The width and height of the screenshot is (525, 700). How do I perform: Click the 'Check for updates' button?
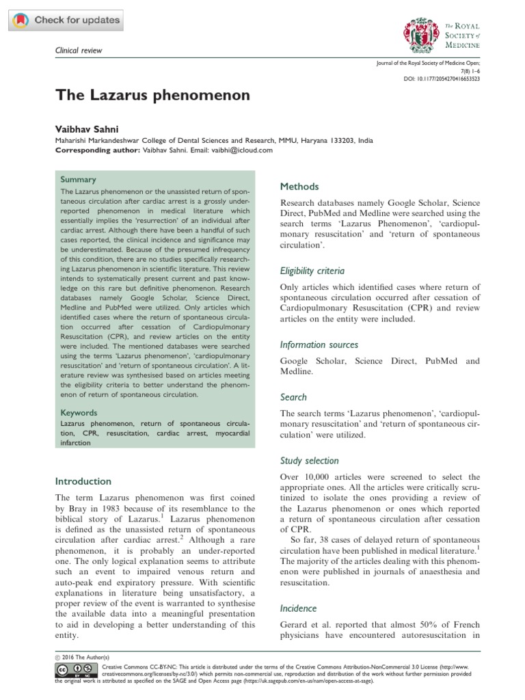67,20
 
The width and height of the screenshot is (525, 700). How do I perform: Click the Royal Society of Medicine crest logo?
418,35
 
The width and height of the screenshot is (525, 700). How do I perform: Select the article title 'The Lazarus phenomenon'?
152,95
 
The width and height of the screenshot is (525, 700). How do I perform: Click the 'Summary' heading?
79,179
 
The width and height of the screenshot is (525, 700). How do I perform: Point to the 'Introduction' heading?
83,481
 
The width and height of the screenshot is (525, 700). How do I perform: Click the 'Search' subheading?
294,397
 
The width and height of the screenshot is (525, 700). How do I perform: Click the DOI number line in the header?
442,79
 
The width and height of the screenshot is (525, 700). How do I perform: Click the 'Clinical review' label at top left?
79,52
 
